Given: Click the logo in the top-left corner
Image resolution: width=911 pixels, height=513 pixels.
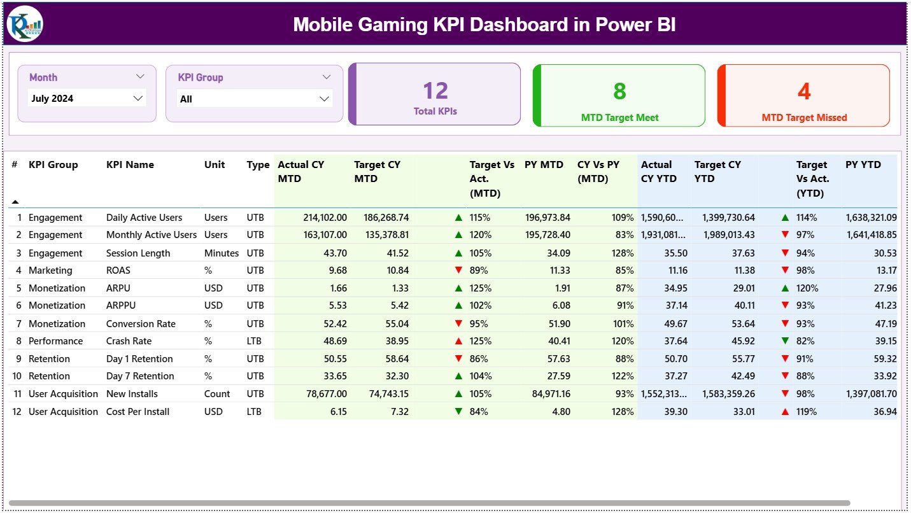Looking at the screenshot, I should point(25,24).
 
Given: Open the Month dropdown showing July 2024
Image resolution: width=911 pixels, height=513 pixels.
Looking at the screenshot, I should point(87,98).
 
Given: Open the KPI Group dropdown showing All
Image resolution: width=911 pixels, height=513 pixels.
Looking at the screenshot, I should point(254,99).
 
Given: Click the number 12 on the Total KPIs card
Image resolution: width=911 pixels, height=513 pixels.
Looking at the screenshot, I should point(435,90).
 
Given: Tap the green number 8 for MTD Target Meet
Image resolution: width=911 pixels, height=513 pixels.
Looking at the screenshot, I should point(619,92).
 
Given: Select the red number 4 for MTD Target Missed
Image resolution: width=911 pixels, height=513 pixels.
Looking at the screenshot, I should point(804,92).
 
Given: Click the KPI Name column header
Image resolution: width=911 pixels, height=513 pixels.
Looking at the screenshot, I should point(130,165).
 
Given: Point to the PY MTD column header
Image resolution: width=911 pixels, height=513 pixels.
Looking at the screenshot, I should point(544,165).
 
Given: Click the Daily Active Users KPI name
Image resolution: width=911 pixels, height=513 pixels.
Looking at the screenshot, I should point(144,218).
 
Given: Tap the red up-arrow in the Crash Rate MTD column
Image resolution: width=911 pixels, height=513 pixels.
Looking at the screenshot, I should point(458,341).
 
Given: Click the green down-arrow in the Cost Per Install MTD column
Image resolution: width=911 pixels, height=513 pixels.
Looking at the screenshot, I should point(458,412).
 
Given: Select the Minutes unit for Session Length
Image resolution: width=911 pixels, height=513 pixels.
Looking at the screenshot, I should point(222,253).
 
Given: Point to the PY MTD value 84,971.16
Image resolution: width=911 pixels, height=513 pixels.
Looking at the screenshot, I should point(547,394).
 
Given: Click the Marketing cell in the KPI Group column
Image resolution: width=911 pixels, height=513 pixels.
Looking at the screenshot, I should point(50,271).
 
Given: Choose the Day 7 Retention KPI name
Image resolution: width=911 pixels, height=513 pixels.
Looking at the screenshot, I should point(140,376).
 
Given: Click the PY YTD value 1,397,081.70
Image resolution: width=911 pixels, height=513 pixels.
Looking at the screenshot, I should point(871,394).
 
